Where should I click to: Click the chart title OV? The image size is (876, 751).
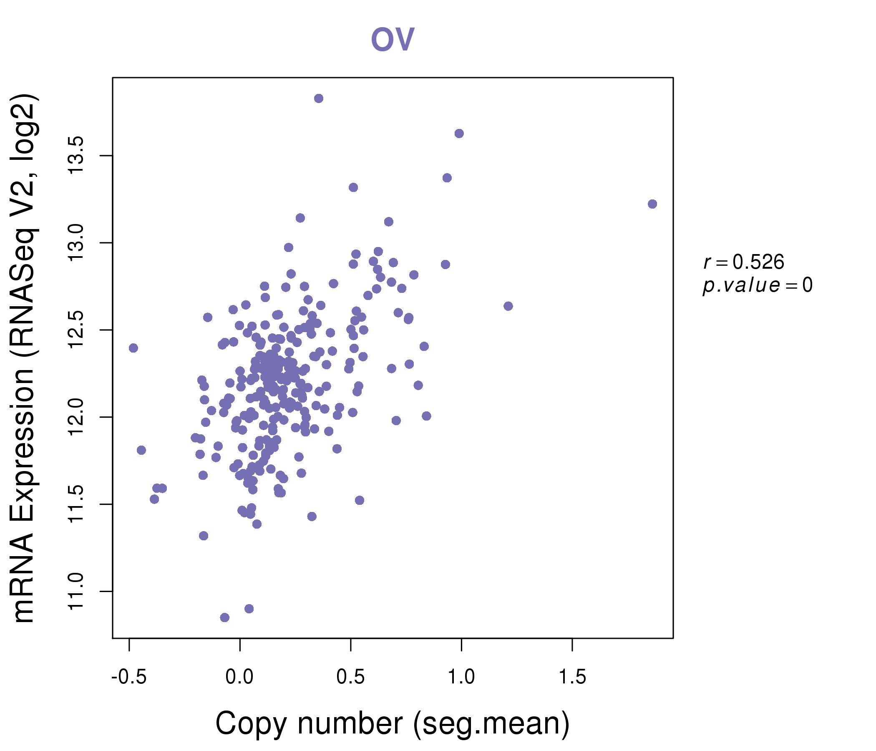pyautogui.click(x=393, y=39)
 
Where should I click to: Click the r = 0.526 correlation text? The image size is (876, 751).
pyautogui.click(x=744, y=262)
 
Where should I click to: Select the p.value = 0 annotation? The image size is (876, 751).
pyautogui.click(x=758, y=285)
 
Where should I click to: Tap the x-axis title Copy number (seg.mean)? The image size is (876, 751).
pyautogui.click(x=393, y=723)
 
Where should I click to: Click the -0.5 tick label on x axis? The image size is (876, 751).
pyautogui.click(x=129, y=677)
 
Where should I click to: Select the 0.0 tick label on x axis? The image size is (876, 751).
pyautogui.click(x=240, y=677)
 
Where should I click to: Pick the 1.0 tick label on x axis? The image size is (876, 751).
pyautogui.click(x=461, y=677)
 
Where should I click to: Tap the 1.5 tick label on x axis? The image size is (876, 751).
pyautogui.click(x=572, y=677)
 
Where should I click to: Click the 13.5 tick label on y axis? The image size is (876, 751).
pyautogui.click(x=77, y=156)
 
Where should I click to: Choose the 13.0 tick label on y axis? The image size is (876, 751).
pyautogui.click(x=77, y=243)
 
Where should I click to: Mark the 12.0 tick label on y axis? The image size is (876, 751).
pyautogui.click(x=77, y=417)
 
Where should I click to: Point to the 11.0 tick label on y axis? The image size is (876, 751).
pyautogui.click(x=77, y=591)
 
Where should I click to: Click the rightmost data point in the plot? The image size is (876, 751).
pyautogui.click(x=652, y=204)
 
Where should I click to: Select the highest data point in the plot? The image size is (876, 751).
pyautogui.click(x=319, y=98)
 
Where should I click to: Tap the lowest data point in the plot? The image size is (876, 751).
pyautogui.click(x=225, y=617)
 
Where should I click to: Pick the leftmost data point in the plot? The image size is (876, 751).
pyautogui.click(x=133, y=348)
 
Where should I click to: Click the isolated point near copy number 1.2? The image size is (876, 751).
pyautogui.click(x=508, y=306)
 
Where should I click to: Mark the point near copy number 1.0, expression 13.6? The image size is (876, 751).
pyautogui.click(x=459, y=134)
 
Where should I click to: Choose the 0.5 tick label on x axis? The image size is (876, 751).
pyautogui.click(x=350, y=677)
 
